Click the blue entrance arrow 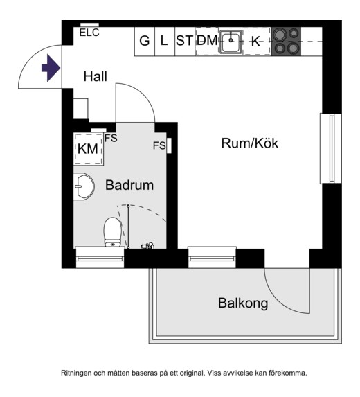pyautogui.click(x=51, y=69)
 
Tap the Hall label pyautogui.click(x=95, y=76)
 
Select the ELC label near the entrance pyautogui.click(x=89, y=33)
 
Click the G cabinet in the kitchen pyautogui.click(x=145, y=42)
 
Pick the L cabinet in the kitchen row pyautogui.click(x=165, y=42)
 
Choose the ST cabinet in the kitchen pyautogui.click(x=185, y=42)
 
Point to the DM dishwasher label pyautogui.click(x=207, y=40)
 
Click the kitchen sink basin pyautogui.click(x=231, y=42)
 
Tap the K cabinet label pyautogui.click(x=255, y=42)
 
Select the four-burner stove pyautogui.click(x=286, y=42)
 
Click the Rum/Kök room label pyautogui.click(x=250, y=143)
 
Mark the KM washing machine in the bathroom pyautogui.click(x=89, y=149)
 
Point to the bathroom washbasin pyautogui.click(x=84, y=186)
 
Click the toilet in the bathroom pyautogui.click(x=112, y=232)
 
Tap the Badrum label pyautogui.click(x=129, y=185)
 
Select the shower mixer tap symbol pyautogui.click(x=147, y=245)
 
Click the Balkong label pyautogui.click(x=243, y=303)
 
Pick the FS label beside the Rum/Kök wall pyautogui.click(x=159, y=145)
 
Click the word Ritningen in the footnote pyautogui.click(x=75, y=373)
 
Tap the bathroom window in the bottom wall pyautogui.click(x=100, y=258)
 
